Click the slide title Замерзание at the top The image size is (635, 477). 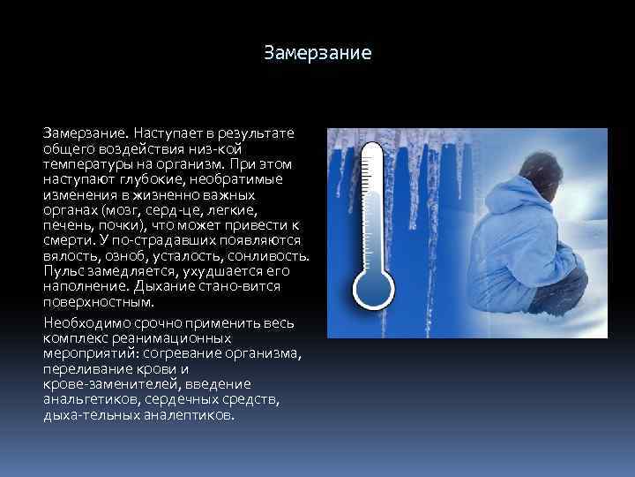pyautogui.click(x=317, y=54)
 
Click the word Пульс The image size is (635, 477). pyautogui.click(x=63, y=271)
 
